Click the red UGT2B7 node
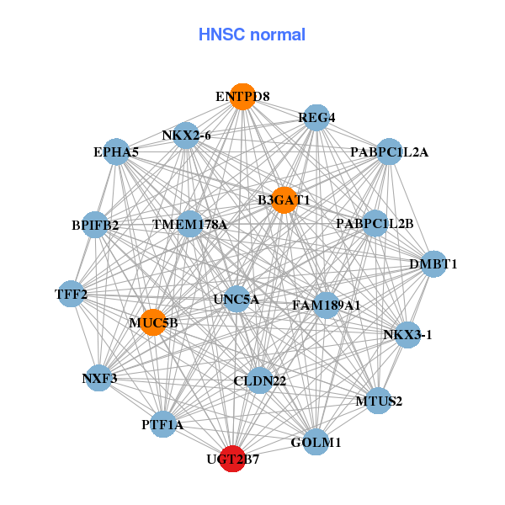tap(232, 460)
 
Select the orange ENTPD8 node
tap(242, 96)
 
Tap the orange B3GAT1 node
tap(284, 200)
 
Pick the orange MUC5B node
tap(153, 322)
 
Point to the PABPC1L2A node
tap(389, 151)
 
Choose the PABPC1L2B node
tap(375, 223)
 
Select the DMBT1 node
tap(433, 263)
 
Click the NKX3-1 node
tap(407, 334)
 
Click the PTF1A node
tap(162, 425)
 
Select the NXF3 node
tap(100, 378)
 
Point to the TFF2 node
tap(72, 294)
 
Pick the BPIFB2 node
tap(95, 225)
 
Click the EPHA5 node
tap(116, 151)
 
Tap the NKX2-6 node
tap(186, 135)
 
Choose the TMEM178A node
tap(190, 224)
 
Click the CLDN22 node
tap(259, 380)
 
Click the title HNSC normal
tap(252, 35)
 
